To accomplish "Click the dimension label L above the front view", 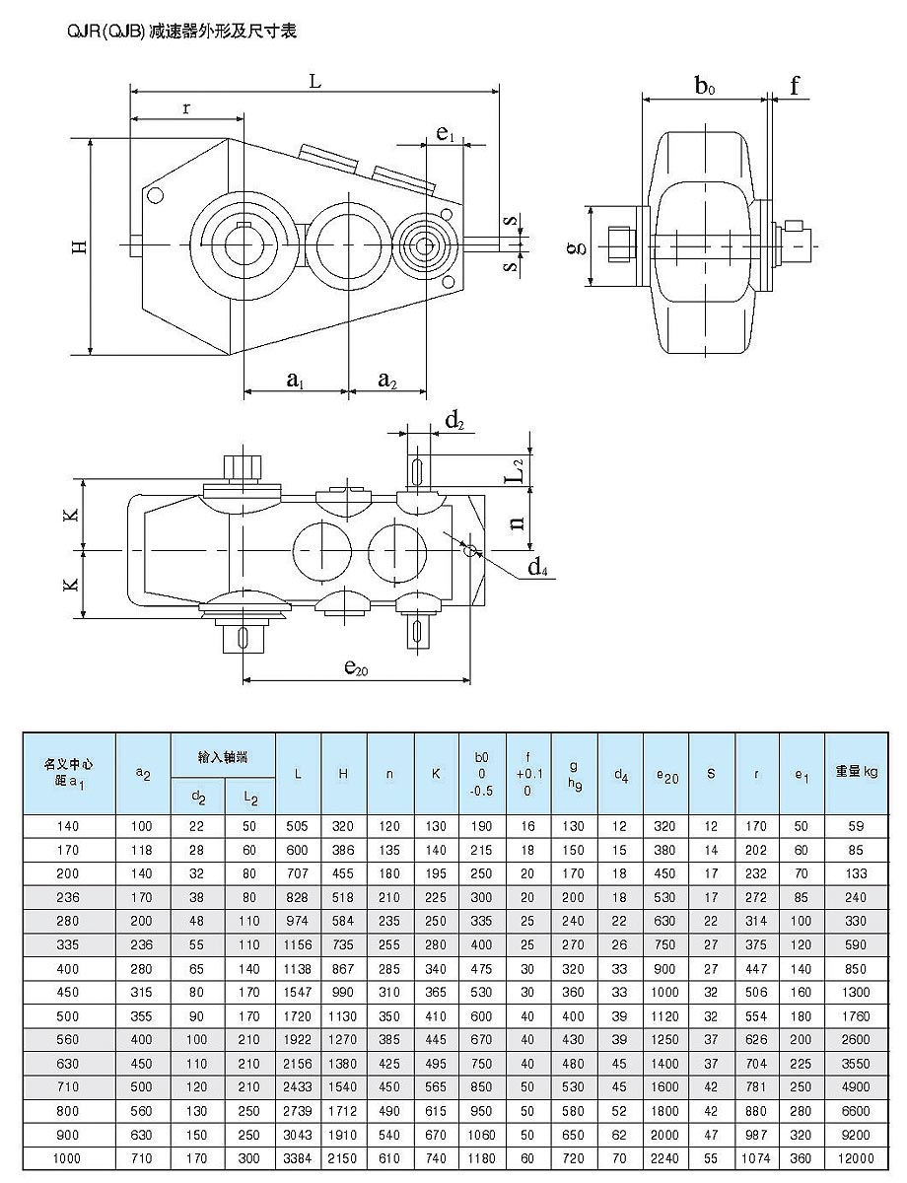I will pos(314,82).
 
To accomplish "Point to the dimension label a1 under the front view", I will pos(295,378).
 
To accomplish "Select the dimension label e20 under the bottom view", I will pos(356,667).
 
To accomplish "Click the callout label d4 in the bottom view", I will pos(537,567).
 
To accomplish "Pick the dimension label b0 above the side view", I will pos(704,87).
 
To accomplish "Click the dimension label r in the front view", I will pos(186,108).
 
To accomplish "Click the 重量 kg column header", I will pos(856,773).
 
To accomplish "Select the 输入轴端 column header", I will pos(223,756).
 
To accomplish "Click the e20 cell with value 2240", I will pos(665,1157).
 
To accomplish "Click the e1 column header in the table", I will pos(801,775).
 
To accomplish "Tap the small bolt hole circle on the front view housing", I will pos(156,196).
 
